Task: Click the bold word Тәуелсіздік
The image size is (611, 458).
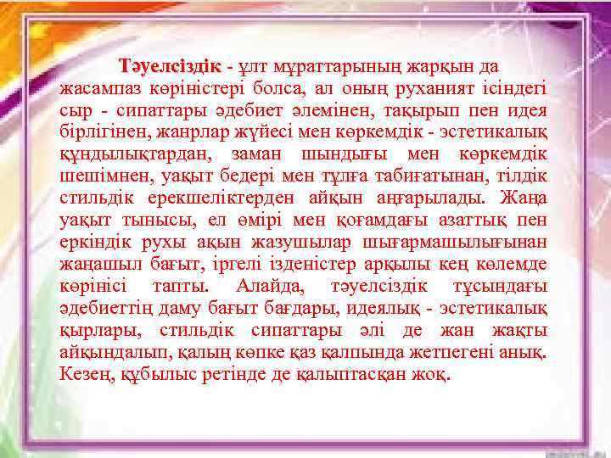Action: [x=170, y=66]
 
